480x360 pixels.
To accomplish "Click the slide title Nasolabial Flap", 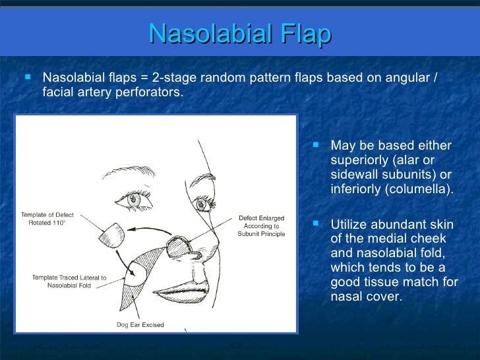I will click(240, 35).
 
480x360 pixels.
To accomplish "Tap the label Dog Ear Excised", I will click(140, 324).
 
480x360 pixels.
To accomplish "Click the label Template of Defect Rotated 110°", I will click(47, 219).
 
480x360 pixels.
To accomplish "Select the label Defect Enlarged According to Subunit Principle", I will click(262, 225).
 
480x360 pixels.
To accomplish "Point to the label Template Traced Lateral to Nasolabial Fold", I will click(69, 282).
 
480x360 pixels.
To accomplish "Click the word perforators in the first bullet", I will click(146, 92).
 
